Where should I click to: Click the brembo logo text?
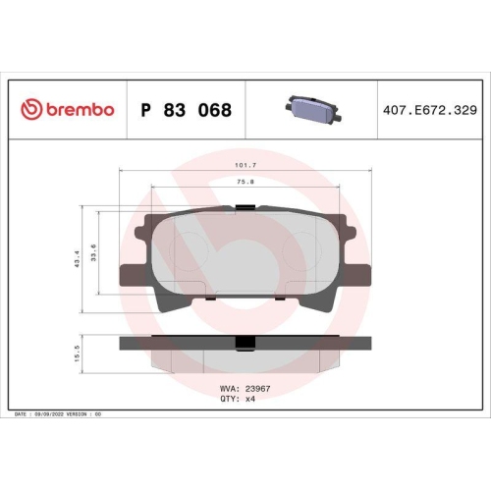click(x=79, y=110)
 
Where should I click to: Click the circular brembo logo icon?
click(x=29, y=110)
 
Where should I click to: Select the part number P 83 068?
click(x=187, y=110)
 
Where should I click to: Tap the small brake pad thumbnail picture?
click(x=308, y=109)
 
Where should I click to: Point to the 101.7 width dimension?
click(x=245, y=165)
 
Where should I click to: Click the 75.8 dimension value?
click(x=245, y=182)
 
